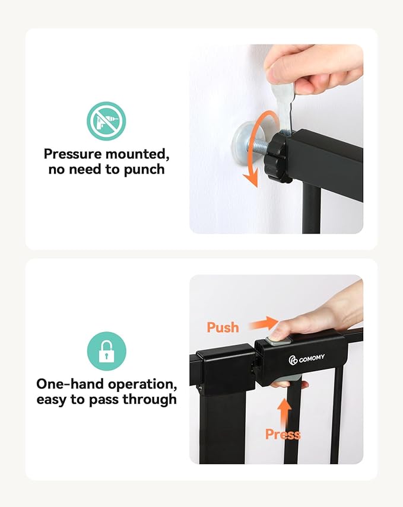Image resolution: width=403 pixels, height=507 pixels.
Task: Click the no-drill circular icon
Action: coord(106,121)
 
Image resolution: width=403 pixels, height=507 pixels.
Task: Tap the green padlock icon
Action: coord(106,351)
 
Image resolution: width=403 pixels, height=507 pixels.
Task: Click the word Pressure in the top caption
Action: coord(73,155)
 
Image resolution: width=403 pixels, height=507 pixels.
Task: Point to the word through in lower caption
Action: coord(150,399)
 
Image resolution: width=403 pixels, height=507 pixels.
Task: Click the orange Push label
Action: coord(223,327)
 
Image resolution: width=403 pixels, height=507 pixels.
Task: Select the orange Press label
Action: coord(283,435)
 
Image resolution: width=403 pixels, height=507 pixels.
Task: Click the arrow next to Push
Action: coord(263,323)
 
